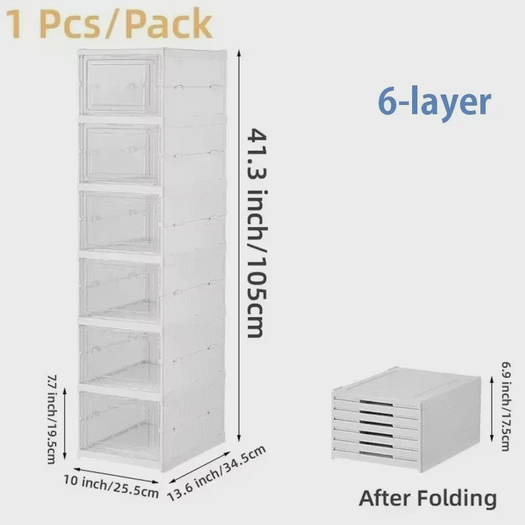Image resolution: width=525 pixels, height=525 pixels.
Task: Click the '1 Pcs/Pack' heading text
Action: point(110,24)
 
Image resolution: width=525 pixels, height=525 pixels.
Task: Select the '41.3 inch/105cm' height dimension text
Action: point(257,233)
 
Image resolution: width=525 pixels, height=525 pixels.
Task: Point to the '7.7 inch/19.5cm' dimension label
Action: point(52,419)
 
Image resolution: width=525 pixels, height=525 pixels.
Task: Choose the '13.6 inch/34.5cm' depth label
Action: point(217,472)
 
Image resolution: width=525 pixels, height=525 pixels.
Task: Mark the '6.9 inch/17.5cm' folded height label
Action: point(506,406)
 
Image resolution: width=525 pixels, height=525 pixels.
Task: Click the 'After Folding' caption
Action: point(428,498)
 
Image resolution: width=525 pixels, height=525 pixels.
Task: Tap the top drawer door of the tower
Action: point(119,85)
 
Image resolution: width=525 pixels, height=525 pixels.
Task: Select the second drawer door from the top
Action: point(119,154)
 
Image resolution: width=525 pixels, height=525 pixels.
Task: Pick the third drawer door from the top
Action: point(119,222)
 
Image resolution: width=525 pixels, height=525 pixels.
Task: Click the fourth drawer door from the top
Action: point(119,290)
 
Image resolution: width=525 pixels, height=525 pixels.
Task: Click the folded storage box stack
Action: point(406,419)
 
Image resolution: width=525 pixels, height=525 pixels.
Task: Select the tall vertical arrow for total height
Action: point(239,245)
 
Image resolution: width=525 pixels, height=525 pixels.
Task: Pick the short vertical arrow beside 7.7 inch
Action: point(65,423)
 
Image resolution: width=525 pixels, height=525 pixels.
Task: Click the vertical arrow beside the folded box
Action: point(492,408)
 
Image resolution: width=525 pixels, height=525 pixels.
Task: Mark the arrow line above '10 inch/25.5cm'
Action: point(115,475)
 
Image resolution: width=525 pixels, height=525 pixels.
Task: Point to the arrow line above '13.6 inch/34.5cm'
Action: point(200,467)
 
